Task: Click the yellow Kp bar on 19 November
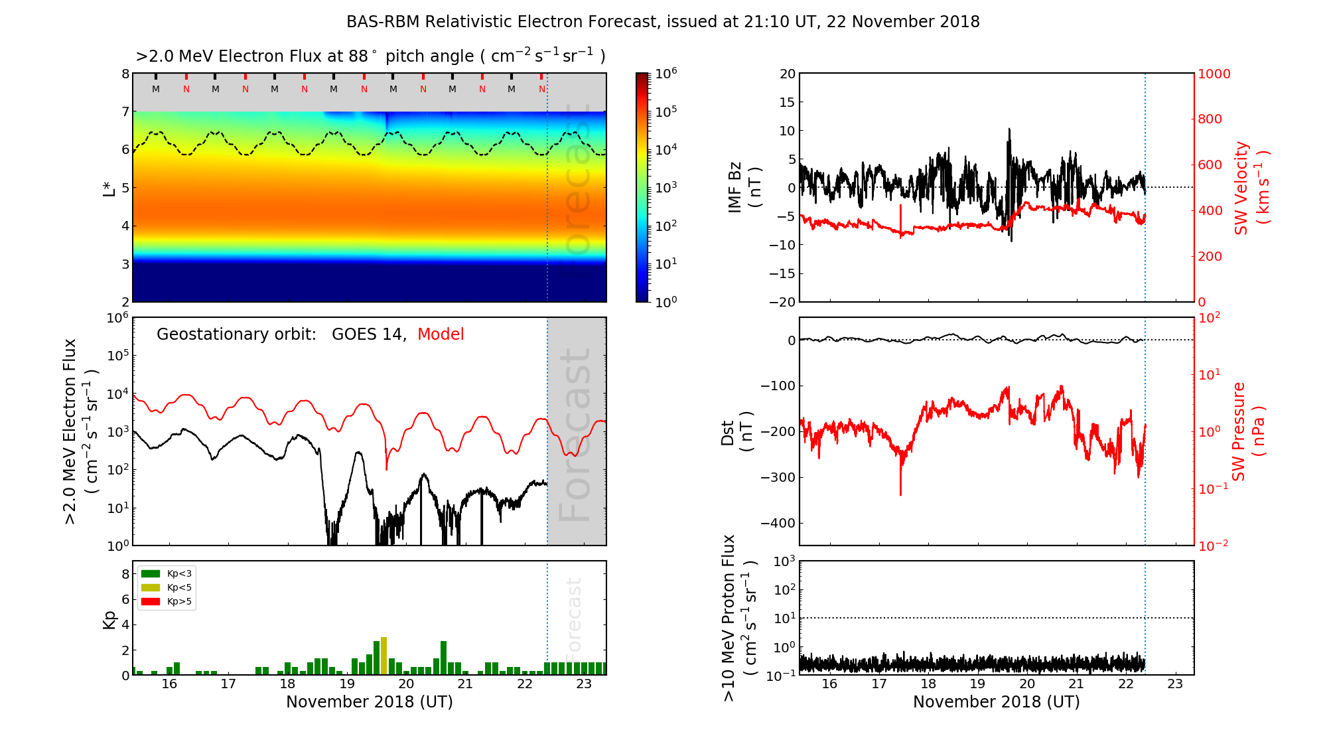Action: point(384,656)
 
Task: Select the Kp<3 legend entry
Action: point(166,573)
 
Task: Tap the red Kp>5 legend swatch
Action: point(151,602)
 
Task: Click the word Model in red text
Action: point(441,334)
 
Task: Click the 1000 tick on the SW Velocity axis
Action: point(1214,74)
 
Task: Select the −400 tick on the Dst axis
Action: point(778,523)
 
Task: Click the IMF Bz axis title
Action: point(744,188)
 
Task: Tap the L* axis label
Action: point(109,188)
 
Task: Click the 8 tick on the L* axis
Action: point(125,74)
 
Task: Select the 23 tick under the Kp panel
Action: point(584,684)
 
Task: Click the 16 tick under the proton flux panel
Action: point(829,684)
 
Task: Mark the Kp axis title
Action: point(109,619)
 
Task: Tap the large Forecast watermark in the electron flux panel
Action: point(575,435)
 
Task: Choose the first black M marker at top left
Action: point(156,89)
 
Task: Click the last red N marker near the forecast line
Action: point(542,89)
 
